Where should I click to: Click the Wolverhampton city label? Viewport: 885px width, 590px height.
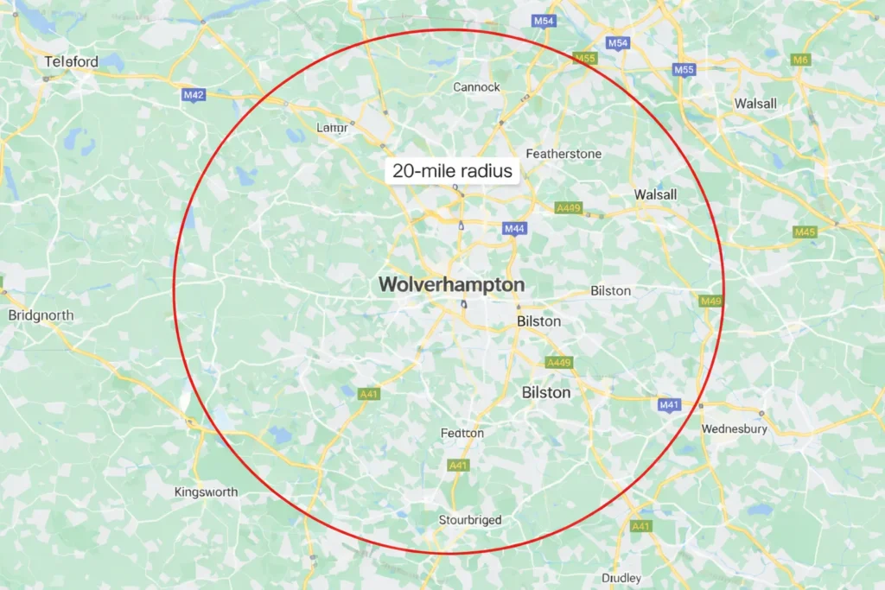click(x=452, y=285)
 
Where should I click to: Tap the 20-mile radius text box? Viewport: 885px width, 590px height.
click(x=452, y=171)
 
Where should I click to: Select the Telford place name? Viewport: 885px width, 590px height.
click(x=72, y=61)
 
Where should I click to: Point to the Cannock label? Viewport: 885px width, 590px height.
click(x=477, y=86)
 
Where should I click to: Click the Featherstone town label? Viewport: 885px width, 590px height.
click(x=563, y=153)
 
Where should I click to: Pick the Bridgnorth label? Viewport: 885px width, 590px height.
click(x=41, y=315)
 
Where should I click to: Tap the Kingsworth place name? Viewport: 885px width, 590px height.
click(x=206, y=492)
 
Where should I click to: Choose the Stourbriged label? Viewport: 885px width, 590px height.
click(x=470, y=520)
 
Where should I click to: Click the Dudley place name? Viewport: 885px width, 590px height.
click(x=621, y=577)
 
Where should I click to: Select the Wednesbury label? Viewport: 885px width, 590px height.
click(x=735, y=428)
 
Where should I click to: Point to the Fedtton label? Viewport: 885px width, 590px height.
click(x=462, y=433)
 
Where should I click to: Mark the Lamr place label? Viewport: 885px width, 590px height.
click(x=333, y=128)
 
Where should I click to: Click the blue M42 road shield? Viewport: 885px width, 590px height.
click(x=194, y=95)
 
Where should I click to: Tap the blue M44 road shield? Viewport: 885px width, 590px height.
click(x=514, y=228)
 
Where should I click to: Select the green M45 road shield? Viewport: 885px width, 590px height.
click(x=805, y=232)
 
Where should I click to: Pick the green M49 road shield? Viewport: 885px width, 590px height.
click(x=710, y=301)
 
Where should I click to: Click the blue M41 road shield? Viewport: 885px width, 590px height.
click(x=670, y=404)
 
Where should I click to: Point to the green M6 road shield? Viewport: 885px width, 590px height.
click(x=800, y=60)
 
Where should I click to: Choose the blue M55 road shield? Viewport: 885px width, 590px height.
click(x=684, y=69)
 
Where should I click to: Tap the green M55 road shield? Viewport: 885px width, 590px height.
click(x=585, y=59)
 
